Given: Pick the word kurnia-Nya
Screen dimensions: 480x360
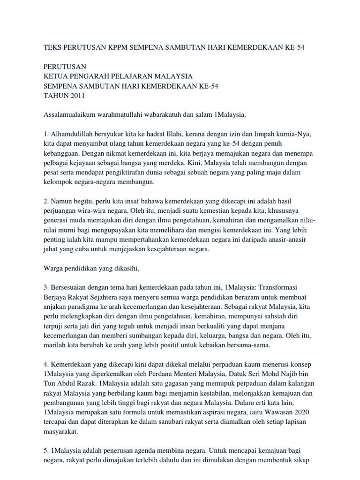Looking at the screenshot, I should click(294, 134).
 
